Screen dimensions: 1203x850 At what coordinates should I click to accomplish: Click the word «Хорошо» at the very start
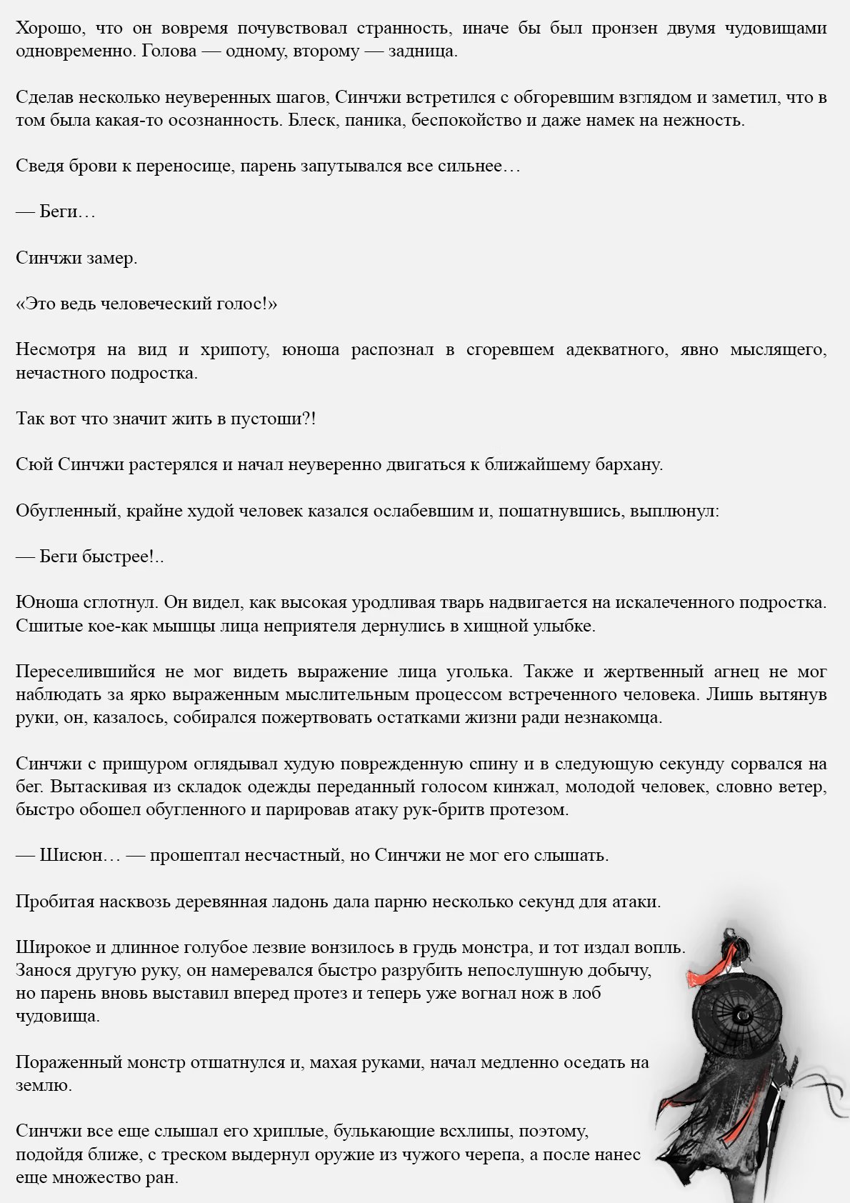pos(45,29)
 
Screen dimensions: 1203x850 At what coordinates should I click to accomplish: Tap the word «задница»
pos(422,52)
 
